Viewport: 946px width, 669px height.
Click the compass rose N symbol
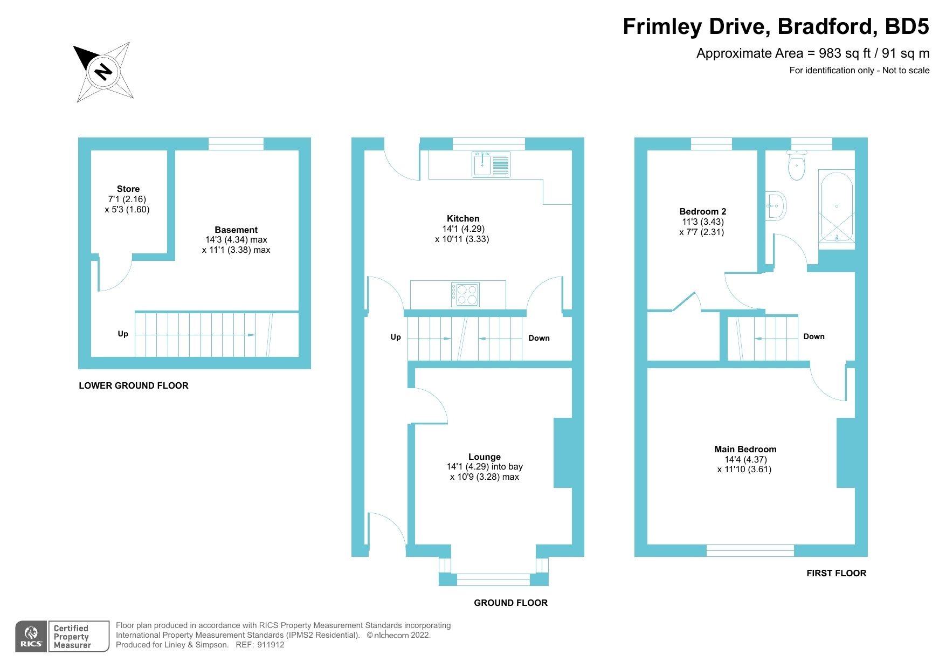pyautogui.click(x=103, y=71)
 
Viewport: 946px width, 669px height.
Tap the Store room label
pyautogui.click(x=128, y=189)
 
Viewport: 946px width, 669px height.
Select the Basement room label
pyautogui.click(x=236, y=230)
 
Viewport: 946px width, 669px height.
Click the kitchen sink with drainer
pyautogui.click(x=491, y=164)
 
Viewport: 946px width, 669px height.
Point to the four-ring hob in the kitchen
pyautogui.click(x=465, y=294)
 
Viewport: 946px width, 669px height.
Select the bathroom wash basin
pyautogui.click(x=776, y=206)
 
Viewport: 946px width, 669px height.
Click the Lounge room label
pyautogui.click(x=484, y=457)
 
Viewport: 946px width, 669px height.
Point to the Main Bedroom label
pyautogui.click(x=745, y=449)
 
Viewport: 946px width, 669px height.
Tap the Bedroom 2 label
pyautogui.click(x=702, y=211)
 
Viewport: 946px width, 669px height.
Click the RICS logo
pyautogui.click(x=31, y=637)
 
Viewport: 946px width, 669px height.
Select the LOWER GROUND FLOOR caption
pyautogui.click(x=134, y=385)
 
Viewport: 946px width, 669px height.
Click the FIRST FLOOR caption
pyautogui.click(x=836, y=573)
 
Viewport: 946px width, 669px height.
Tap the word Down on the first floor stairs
pyautogui.click(x=813, y=336)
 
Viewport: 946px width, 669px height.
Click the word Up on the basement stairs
pyautogui.click(x=123, y=334)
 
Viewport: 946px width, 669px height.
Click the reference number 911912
pyautogui.click(x=271, y=645)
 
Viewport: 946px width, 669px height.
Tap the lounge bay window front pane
pyautogui.click(x=493, y=580)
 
